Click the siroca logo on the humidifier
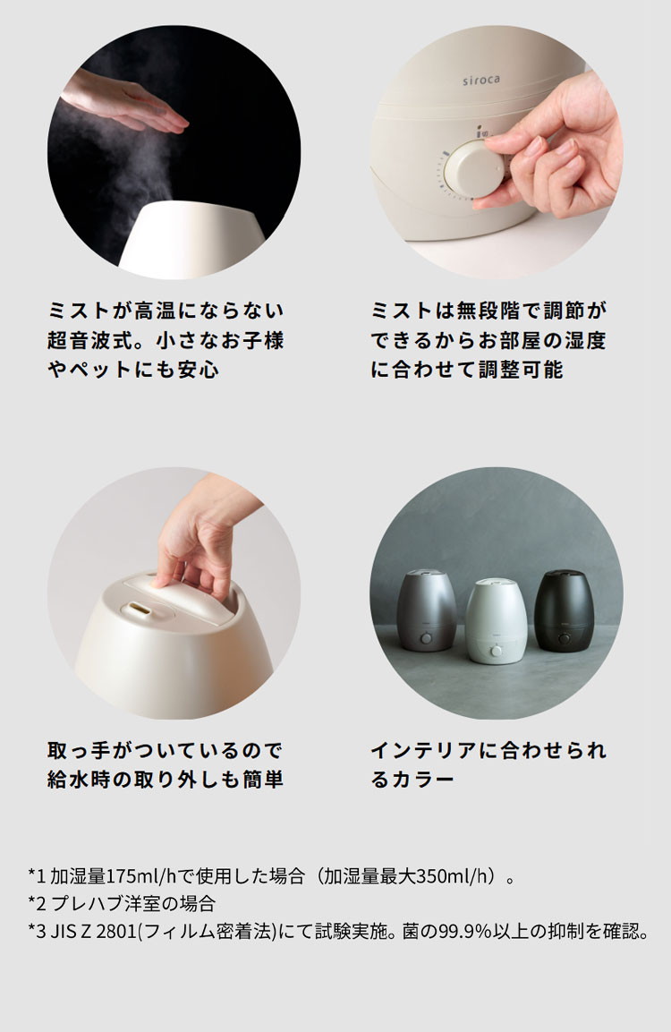[481, 81]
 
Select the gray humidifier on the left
[426, 610]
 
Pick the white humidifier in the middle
[496, 620]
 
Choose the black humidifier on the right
[564, 610]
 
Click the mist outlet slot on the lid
[139, 608]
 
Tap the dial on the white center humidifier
[496, 651]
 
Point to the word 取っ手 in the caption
[79, 750]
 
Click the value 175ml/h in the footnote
[142, 876]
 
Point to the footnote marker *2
[38, 904]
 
